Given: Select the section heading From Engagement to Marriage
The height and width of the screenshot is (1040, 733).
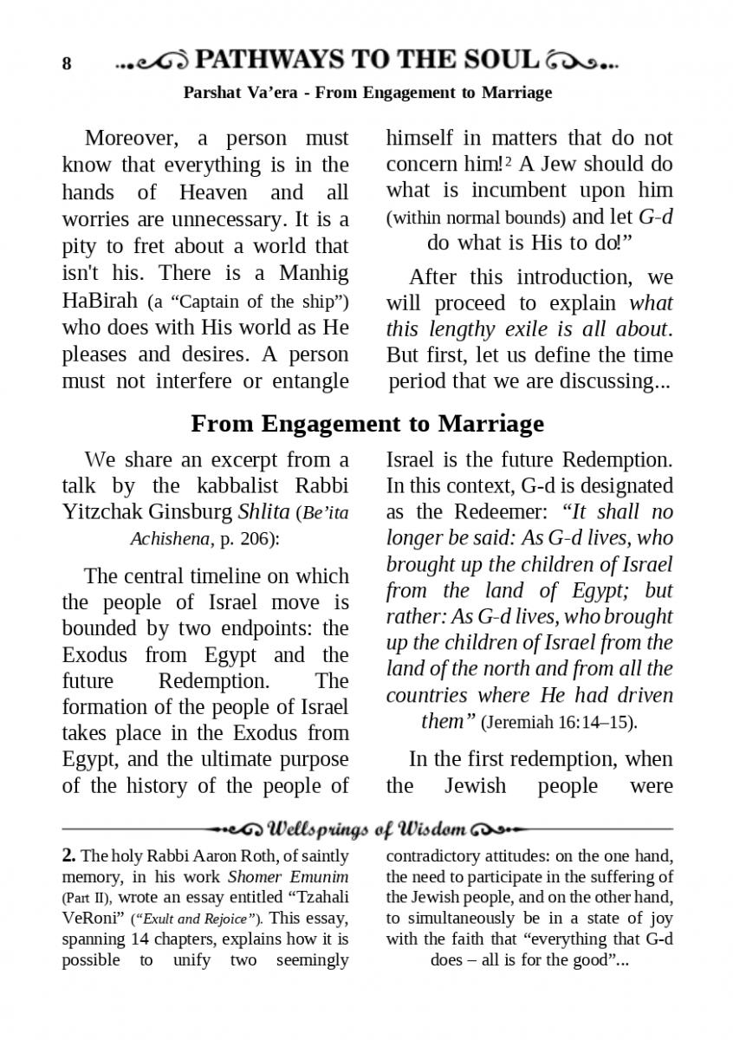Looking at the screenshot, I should pos(366,423).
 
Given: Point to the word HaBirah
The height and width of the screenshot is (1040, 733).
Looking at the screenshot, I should pos(101,301).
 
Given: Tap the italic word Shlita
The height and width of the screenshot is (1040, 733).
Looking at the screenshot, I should pos(263,511).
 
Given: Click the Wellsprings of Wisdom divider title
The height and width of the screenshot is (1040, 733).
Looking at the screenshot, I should pos(367,829).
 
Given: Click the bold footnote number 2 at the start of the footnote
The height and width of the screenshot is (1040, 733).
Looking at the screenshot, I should pos(69,856).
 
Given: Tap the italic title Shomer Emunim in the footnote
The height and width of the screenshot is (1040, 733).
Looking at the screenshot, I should pos(312,877).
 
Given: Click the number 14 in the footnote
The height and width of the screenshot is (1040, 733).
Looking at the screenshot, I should pos(138,939).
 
